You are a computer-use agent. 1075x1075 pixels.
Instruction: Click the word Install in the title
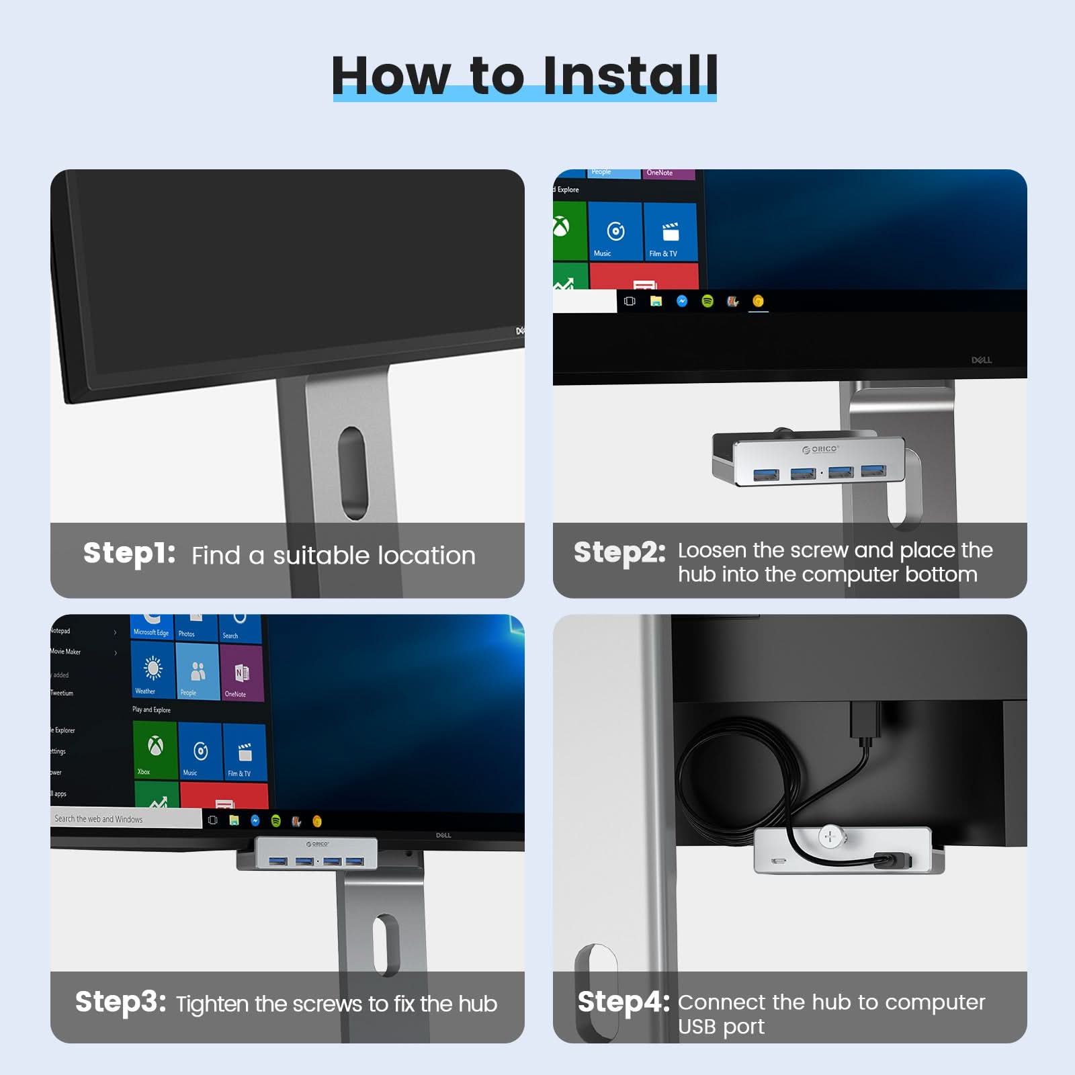pos(630,75)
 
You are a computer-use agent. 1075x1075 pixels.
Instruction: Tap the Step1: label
pos(129,554)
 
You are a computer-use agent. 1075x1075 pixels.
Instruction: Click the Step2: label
pos(619,553)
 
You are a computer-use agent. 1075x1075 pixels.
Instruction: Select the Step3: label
pos(120,1002)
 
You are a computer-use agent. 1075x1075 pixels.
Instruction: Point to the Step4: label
pos(623,1002)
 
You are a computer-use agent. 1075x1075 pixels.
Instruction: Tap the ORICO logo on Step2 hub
pos(820,449)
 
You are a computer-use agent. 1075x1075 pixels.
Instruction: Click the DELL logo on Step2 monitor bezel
pos(981,360)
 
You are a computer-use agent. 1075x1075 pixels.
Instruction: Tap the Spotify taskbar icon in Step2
pos(707,301)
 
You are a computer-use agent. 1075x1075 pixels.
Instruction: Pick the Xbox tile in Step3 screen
pos(155,750)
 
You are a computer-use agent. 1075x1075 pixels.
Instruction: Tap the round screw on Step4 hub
pos(830,836)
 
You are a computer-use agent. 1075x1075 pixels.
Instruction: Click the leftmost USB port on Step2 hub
pos(766,475)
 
